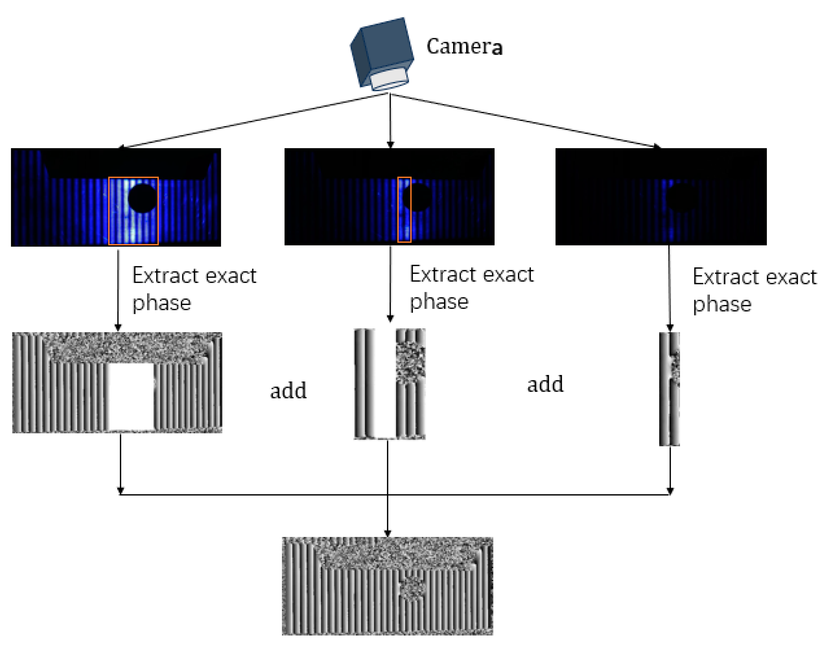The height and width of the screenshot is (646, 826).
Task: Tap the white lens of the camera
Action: pos(389,79)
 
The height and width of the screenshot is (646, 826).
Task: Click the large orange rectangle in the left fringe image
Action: pos(133,211)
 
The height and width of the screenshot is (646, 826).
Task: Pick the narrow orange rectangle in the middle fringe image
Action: pos(404,209)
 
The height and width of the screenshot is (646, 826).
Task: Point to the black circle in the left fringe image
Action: pos(143,198)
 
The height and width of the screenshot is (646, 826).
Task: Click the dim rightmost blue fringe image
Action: pos(661,197)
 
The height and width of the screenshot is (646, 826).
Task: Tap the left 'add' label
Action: pos(288,391)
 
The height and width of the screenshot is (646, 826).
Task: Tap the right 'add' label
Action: pos(545,385)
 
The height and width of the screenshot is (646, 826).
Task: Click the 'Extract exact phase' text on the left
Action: pos(194,289)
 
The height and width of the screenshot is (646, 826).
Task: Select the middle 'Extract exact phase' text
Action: pos(471,288)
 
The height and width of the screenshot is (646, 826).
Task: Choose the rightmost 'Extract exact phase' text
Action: pos(754,290)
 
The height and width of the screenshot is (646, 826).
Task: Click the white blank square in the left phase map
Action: pos(131,397)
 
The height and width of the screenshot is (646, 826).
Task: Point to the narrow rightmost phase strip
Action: pos(669,389)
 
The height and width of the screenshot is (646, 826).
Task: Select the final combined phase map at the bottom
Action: pos(387,586)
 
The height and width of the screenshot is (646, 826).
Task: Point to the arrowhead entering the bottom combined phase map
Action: pos(387,533)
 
